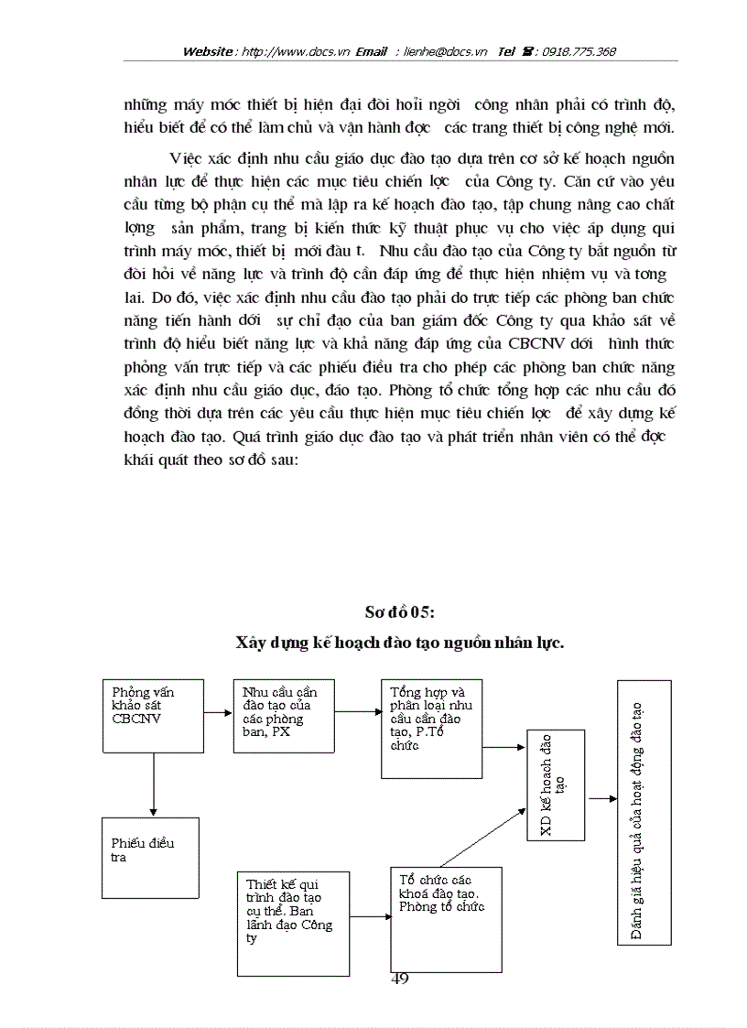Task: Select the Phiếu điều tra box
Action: (150, 858)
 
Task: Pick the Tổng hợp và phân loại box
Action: (431, 728)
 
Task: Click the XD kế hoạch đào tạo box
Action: (557, 785)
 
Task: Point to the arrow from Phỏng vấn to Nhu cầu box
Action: (216, 712)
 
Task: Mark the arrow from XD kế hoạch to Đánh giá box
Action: (601, 798)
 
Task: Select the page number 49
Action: (399, 979)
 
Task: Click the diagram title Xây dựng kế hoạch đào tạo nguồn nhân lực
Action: (399, 643)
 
